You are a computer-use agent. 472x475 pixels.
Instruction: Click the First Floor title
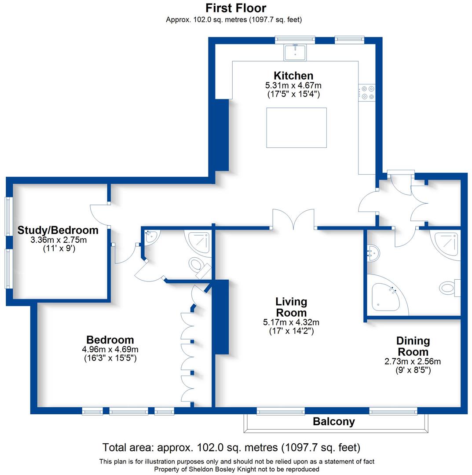(236, 8)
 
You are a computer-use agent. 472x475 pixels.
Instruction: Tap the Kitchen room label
(293, 75)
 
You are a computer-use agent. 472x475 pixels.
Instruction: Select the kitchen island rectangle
(296, 128)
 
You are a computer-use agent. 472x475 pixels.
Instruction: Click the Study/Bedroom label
(58, 230)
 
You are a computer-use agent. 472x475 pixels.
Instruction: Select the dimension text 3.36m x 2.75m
(58, 240)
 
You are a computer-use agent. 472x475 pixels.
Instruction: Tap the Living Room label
(291, 307)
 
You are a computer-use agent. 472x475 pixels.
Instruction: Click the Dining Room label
(413, 346)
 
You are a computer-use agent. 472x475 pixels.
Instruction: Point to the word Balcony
(333, 422)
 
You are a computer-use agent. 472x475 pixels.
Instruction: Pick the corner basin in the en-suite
(151, 237)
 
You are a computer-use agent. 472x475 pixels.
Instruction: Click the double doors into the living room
(293, 219)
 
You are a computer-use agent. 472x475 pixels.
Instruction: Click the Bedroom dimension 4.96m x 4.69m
(110, 350)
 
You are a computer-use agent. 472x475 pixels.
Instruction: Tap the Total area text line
(231, 448)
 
